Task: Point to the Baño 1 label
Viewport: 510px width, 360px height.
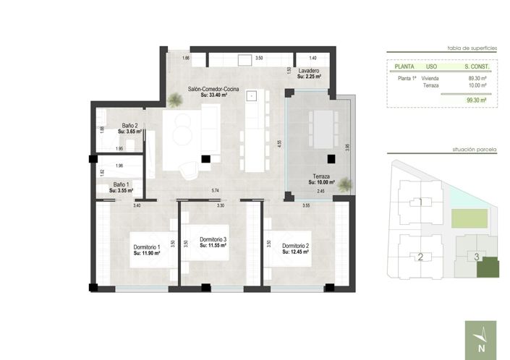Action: coord(122,184)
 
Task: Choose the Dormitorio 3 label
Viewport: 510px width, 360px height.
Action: coord(213,240)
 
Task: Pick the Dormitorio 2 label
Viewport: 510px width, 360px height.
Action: coord(296,247)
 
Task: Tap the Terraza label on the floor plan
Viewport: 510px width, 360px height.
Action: coord(321,177)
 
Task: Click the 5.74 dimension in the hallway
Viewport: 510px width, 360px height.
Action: coord(215,191)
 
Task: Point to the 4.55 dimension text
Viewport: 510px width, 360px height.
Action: coord(279,143)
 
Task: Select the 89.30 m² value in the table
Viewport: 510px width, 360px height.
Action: coord(477,78)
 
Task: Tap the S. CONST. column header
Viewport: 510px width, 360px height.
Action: coord(477,67)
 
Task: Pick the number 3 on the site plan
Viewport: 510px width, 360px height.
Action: coord(476,256)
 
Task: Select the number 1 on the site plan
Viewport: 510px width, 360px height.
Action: coord(420,202)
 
